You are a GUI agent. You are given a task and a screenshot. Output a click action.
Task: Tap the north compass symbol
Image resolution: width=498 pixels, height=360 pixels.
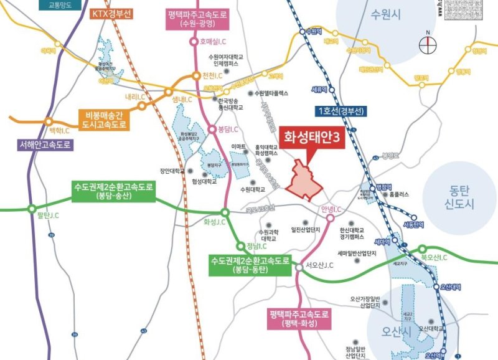point(428,45)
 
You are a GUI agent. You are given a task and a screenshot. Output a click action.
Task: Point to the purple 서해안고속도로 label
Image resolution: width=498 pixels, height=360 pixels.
point(45,145)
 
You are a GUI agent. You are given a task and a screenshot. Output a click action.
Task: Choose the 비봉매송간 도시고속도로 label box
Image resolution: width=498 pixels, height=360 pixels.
point(103,120)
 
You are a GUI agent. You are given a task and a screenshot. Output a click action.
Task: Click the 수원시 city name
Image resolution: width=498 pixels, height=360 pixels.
point(383,14)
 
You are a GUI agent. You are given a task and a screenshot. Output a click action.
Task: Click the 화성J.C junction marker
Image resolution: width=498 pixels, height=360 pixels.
point(225,212)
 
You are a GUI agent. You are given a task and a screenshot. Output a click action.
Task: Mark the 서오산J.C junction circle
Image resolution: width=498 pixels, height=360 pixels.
point(299,267)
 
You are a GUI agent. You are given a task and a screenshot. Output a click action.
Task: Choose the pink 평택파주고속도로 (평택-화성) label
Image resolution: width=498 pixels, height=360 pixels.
point(298,320)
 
